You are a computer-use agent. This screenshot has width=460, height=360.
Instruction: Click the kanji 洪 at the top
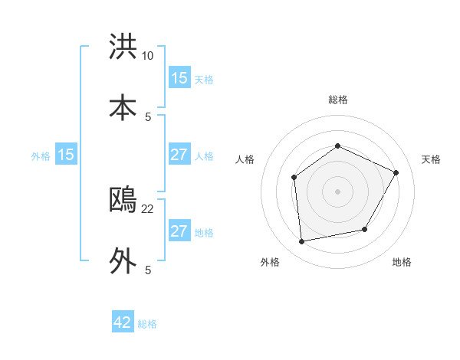pos(123,47)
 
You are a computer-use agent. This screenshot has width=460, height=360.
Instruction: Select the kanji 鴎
pos(123,201)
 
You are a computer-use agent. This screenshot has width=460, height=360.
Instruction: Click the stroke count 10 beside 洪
pos(148,56)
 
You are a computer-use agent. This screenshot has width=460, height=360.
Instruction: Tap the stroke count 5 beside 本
pos(148,116)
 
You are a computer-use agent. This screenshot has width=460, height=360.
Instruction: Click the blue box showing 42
pos(123,322)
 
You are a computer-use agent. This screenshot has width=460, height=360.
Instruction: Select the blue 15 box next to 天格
pos(179,78)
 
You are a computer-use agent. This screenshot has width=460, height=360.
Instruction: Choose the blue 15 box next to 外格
pos(66,155)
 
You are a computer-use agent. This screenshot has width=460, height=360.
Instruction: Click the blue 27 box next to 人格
pos(179,155)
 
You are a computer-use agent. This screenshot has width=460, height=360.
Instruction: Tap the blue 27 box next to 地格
pos(179,231)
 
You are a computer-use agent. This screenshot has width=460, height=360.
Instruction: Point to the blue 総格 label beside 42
pos(147,324)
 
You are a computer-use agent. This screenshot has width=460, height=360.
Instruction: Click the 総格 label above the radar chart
pos(337,100)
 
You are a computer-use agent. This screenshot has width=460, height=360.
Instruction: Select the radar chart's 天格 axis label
pos(431,159)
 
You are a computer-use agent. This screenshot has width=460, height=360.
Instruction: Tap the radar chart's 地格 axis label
pos(402,263)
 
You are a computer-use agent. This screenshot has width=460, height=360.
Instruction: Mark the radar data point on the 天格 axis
pos(396,172)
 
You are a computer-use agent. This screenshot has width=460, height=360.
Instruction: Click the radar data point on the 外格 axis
pos(302,242)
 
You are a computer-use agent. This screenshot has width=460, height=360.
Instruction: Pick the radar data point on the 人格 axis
pos(294,178)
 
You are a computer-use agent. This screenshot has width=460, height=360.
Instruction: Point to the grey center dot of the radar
pos(337,191)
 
